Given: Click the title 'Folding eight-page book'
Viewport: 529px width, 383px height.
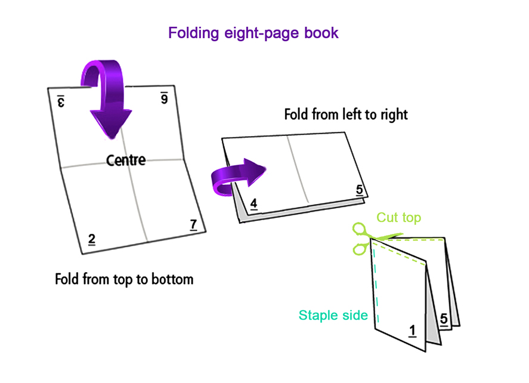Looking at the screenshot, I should click(x=253, y=32).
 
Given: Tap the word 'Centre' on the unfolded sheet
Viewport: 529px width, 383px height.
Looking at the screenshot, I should click(x=126, y=160).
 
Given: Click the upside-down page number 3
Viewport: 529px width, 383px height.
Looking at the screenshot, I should click(x=61, y=101).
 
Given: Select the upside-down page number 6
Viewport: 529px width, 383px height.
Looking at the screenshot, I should click(x=164, y=98).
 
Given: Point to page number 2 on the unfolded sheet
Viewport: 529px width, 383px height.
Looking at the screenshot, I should click(x=92, y=239).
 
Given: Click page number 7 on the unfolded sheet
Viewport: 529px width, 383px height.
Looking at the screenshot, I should click(x=193, y=225).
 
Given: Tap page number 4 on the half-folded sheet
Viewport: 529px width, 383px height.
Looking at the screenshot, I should click(x=254, y=204).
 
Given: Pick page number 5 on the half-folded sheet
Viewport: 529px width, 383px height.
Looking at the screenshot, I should click(x=359, y=190).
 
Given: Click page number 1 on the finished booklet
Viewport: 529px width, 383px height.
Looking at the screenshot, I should click(x=412, y=330).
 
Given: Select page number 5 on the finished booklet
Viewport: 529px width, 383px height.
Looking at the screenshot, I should click(x=444, y=319).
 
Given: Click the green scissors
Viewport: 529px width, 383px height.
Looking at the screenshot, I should click(x=364, y=238).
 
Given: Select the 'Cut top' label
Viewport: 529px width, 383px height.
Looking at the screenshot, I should click(x=398, y=218).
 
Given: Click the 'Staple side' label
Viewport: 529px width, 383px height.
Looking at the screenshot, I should click(x=333, y=315).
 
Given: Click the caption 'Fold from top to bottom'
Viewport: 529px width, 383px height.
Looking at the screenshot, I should click(x=124, y=279).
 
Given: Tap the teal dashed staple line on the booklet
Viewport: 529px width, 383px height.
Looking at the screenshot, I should click(x=375, y=286).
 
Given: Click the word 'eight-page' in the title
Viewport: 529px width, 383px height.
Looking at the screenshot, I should click(x=257, y=32).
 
